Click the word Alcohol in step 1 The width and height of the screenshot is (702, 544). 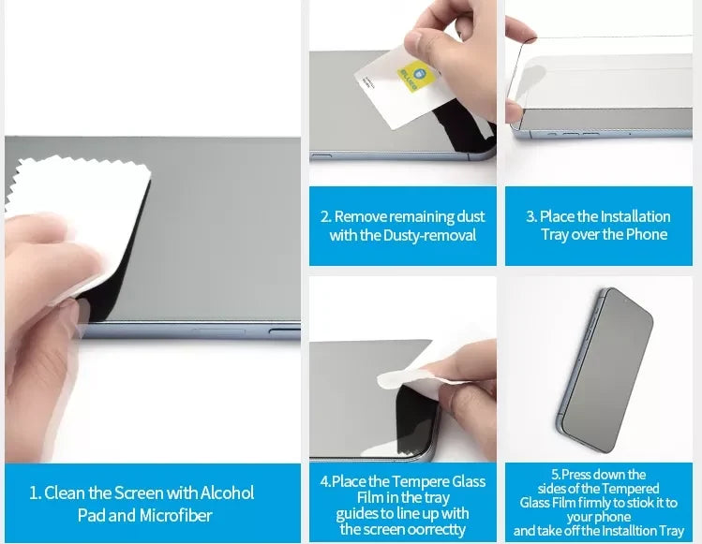227,493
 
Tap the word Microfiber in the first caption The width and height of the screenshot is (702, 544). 176,515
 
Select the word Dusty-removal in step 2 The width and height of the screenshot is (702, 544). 429,235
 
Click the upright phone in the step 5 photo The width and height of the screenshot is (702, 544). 605,369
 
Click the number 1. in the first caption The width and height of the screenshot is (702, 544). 36,493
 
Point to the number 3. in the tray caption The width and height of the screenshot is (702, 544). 531,216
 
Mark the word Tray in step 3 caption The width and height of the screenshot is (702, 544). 554,235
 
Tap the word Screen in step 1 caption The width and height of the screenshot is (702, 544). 131,493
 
